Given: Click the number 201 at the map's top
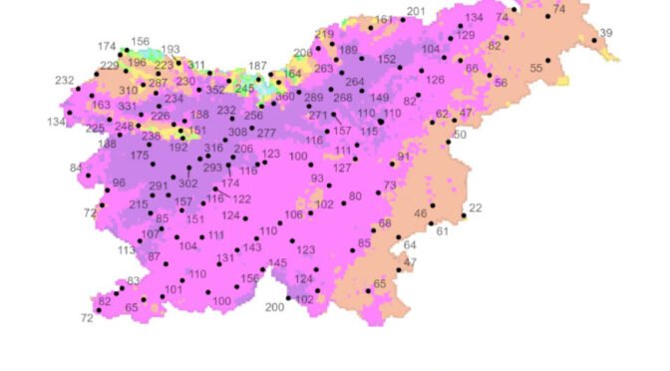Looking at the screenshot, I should click(x=416, y=12).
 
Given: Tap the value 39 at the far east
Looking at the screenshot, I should click(x=606, y=34).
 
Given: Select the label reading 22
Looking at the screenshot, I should click(x=475, y=207).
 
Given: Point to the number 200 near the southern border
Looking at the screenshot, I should click(x=275, y=307).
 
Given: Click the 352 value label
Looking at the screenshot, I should click(x=215, y=90).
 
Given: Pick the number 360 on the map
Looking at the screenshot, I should click(x=285, y=97).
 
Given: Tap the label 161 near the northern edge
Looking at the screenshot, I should click(x=384, y=20).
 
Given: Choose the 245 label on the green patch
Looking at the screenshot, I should click(x=244, y=89).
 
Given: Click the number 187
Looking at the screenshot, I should click(x=257, y=66).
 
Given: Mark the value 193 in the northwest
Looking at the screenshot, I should click(x=170, y=49).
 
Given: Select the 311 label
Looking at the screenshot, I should click(x=196, y=65).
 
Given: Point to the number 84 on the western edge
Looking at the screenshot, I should click(x=76, y=168).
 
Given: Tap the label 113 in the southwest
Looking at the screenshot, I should click(x=127, y=250).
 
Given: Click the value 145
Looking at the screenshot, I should click(x=277, y=263).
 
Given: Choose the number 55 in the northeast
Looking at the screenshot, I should click(x=536, y=68).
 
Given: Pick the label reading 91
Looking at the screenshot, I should click(x=403, y=158).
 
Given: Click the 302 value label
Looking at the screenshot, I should click(x=187, y=185).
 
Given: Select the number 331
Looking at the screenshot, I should click(x=127, y=107).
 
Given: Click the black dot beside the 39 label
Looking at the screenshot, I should click(x=594, y=41).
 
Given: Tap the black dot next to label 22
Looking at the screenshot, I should click(x=464, y=215).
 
